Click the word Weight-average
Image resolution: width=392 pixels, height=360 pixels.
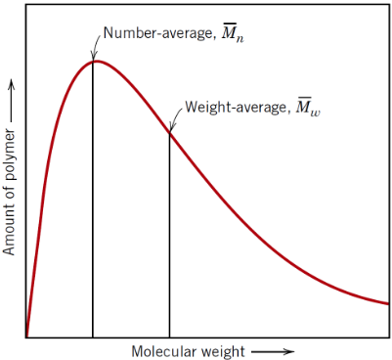[231, 107]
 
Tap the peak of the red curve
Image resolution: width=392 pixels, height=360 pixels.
[95, 61]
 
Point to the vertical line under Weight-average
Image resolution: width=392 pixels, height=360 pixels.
[169, 235]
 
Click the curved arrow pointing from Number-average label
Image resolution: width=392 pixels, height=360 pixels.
[96, 45]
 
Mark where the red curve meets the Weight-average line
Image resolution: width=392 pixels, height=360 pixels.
[169, 132]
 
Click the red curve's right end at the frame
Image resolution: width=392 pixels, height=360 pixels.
[389, 303]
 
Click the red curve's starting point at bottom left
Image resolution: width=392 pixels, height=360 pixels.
[27, 336]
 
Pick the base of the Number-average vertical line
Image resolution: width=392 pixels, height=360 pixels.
[93, 337]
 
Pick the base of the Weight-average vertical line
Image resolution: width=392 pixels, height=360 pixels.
[169, 337]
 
